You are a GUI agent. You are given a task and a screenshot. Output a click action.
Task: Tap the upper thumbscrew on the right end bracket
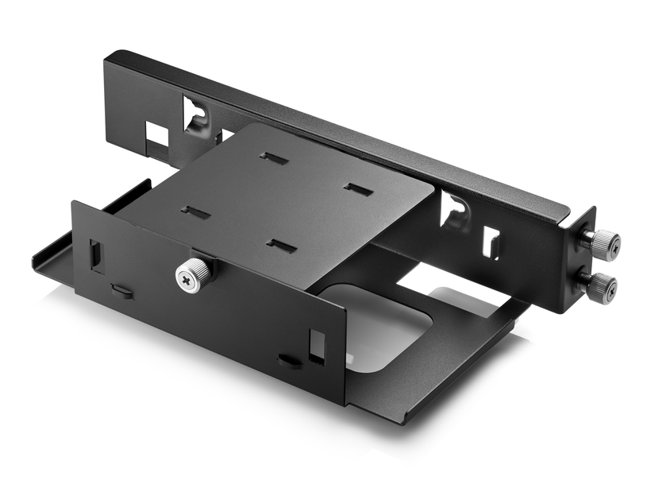(604, 244)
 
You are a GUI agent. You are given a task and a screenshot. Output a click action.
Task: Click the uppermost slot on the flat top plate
(274, 157)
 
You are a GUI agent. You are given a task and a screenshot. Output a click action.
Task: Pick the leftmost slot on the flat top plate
(195, 212)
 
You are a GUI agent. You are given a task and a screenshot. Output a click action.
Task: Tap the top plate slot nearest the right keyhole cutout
(358, 190)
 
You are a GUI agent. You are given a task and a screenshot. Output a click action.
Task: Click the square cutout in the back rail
(156, 135)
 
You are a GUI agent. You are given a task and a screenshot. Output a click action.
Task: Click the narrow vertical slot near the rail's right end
(491, 243)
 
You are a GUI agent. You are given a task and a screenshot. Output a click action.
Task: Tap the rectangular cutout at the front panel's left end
(97, 254)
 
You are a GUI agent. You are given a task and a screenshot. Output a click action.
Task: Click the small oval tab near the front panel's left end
(121, 290)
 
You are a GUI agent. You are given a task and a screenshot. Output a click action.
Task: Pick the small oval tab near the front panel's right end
(289, 362)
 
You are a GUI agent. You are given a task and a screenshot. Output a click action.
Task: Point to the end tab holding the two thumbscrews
(585, 262)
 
